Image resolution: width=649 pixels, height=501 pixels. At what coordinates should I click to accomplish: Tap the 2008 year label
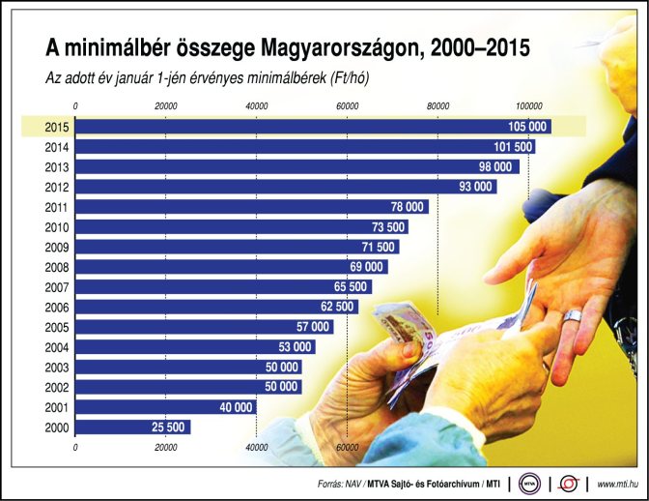coord(55,267)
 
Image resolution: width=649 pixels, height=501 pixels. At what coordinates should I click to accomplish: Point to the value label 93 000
coord(476,187)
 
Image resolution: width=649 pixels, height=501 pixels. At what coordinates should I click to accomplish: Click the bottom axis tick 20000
coord(165,446)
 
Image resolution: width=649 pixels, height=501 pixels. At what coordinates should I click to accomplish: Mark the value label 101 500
coord(513,147)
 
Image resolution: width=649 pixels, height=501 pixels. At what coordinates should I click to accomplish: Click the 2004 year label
coord(55,346)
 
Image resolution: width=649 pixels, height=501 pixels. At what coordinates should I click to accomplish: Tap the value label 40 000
coord(236,407)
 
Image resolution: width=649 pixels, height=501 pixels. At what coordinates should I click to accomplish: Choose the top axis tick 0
coord(75,104)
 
